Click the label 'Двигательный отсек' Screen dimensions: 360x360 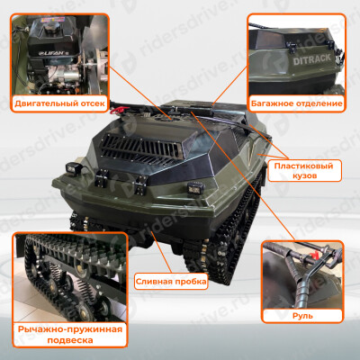59,103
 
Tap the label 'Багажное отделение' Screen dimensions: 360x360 296,103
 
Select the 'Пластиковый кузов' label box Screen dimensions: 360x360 304,170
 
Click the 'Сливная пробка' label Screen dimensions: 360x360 171,282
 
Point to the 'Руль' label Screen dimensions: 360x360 302,316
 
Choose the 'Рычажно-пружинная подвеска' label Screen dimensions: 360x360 70,335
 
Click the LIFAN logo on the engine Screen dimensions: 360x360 51,53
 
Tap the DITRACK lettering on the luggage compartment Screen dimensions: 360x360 311,58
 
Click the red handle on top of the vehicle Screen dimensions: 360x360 116,111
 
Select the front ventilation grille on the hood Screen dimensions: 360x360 141,149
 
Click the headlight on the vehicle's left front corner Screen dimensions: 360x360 72,168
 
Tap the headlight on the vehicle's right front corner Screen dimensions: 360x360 193,188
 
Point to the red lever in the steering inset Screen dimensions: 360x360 313,257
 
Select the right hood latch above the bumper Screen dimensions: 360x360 140,184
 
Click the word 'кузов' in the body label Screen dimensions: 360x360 304,175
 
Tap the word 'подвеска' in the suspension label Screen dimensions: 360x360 70,340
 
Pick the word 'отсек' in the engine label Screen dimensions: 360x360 93,103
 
